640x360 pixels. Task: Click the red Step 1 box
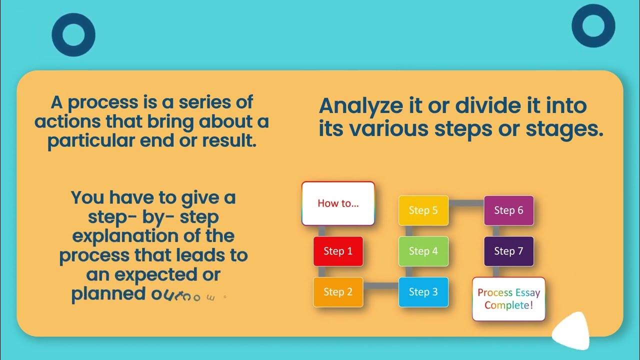[338, 251]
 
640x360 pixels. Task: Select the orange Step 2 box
[338, 292]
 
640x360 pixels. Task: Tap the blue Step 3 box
[423, 292]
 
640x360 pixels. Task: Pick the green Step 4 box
[423, 251]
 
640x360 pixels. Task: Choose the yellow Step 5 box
[423, 210]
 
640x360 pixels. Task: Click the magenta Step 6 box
[508, 210]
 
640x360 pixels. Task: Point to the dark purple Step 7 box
[508, 251]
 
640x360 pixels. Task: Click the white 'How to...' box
[338, 203]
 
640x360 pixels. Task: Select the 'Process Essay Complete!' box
[508, 298]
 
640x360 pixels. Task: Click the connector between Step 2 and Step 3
[380, 286]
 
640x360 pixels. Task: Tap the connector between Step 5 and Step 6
[466, 203]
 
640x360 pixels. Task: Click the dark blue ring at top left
[73, 34]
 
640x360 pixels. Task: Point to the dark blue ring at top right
[593, 27]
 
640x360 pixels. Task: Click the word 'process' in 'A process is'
[102, 102]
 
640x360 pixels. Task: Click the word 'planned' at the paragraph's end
[108, 293]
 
